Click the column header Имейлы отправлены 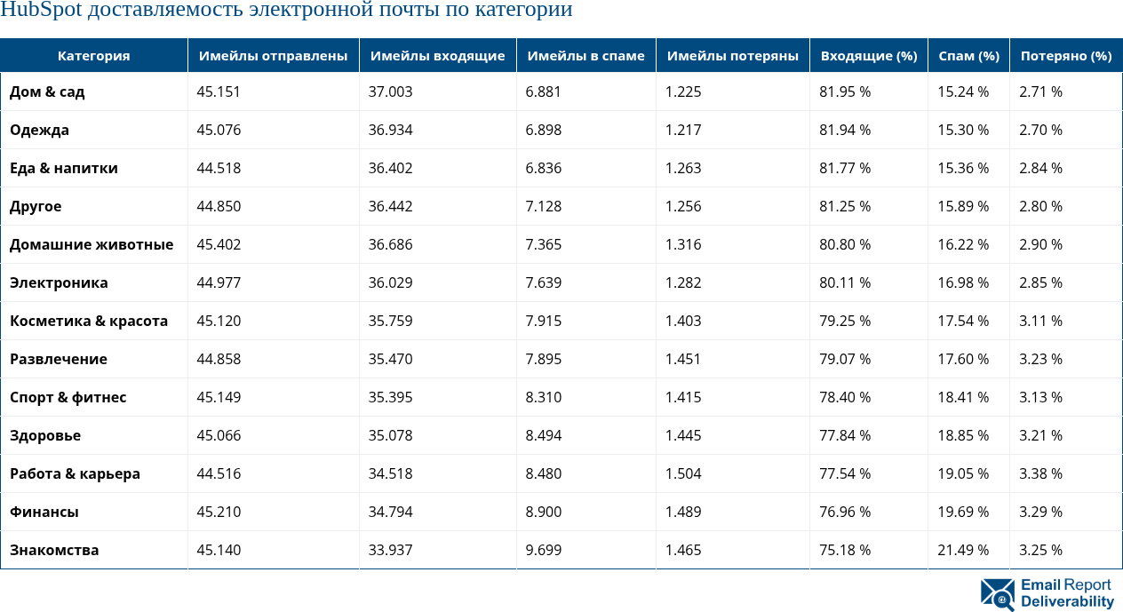coord(273,55)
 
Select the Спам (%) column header coord(968,55)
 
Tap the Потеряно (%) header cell coord(1066,55)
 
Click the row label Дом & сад coord(47,91)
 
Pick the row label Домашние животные coord(92,244)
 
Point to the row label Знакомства coord(54,550)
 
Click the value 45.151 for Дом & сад coord(219,91)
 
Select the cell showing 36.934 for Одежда coord(391,130)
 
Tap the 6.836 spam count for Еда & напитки coord(544,168)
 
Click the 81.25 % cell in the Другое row coord(845,206)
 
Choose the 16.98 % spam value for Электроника coord(963,282)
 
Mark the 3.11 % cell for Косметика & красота coord(1041,321)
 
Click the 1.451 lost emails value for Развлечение coord(683,359)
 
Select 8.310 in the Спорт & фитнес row coord(544,397)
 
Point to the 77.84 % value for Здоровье coord(845,435)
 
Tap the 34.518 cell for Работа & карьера coord(391,473)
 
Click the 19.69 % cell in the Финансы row coord(963,512)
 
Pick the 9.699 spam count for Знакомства coord(544,550)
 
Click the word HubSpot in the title coord(41,11)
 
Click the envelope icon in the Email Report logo coord(998,593)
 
